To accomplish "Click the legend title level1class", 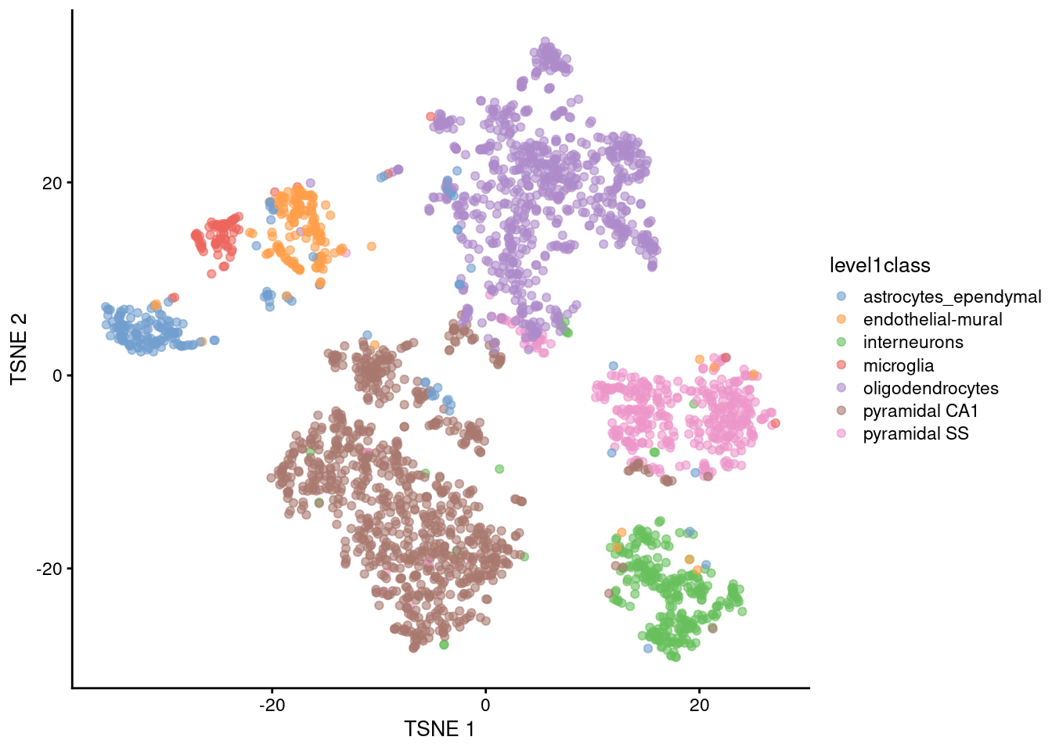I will [x=880, y=266].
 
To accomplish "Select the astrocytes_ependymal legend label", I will [x=952, y=297].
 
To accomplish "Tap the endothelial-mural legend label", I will [x=932, y=320].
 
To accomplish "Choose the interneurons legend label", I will [x=913, y=343].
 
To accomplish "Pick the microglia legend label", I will [x=898, y=365].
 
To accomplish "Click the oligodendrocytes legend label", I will [x=931, y=389].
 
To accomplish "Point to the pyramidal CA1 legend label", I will [x=920, y=411].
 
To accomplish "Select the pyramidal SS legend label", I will [x=916, y=434].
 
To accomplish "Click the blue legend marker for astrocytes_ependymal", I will [x=841, y=296].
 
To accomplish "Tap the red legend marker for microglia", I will [x=841, y=365].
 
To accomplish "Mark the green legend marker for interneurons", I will [x=841, y=343].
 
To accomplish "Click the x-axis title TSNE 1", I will [x=439, y=729].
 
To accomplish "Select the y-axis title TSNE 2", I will [x=19, y=349].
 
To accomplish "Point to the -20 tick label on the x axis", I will [x=272, y=705].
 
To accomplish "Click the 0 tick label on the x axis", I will [x=485, y=705].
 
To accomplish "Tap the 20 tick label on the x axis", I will [x=699, y=705].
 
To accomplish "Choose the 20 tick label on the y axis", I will [x=52, y=183].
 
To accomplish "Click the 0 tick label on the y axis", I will [x=57, y=375].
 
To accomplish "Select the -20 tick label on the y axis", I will [x=49, y=569].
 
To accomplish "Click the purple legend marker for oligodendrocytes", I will [x=841, y=388].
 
